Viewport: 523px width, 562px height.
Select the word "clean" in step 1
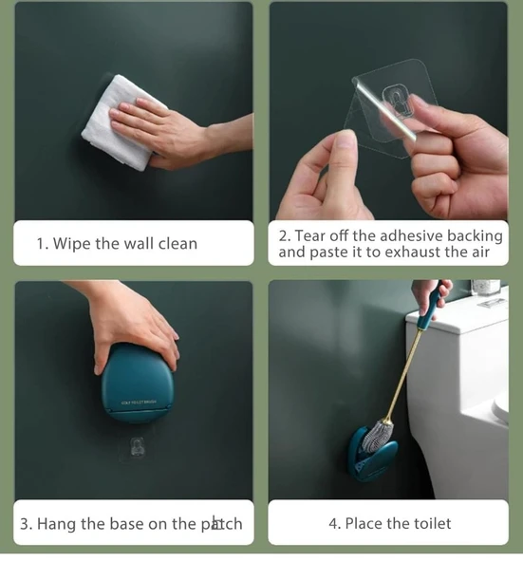click(177, 244)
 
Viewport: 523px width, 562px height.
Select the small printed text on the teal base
click(139, 403)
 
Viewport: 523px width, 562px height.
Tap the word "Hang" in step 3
click(57, 524)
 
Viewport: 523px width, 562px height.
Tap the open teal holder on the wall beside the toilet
click(373, 454)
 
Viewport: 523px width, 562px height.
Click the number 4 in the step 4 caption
click(333, 524)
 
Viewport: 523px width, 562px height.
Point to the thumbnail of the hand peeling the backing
click(388, 111)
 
